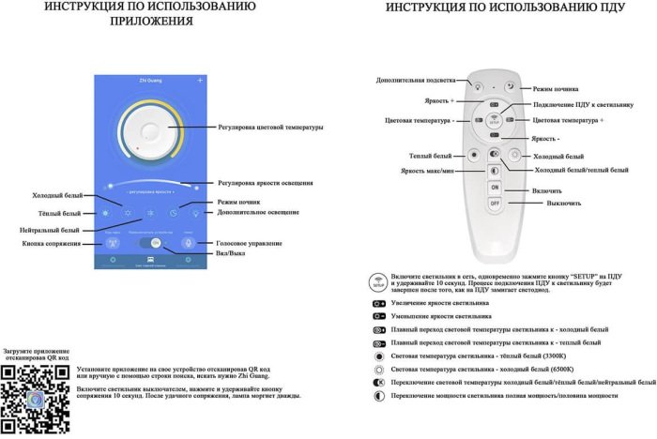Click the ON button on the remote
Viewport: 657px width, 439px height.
click(x=495, y=188)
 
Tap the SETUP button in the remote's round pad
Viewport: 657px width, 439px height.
click(x=495, y=120)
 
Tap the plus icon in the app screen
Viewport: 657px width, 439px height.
click(x=200, y=82)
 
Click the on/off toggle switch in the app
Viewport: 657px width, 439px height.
click(x=151, y=242)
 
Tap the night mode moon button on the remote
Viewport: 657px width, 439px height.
click(x=511, y=85)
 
